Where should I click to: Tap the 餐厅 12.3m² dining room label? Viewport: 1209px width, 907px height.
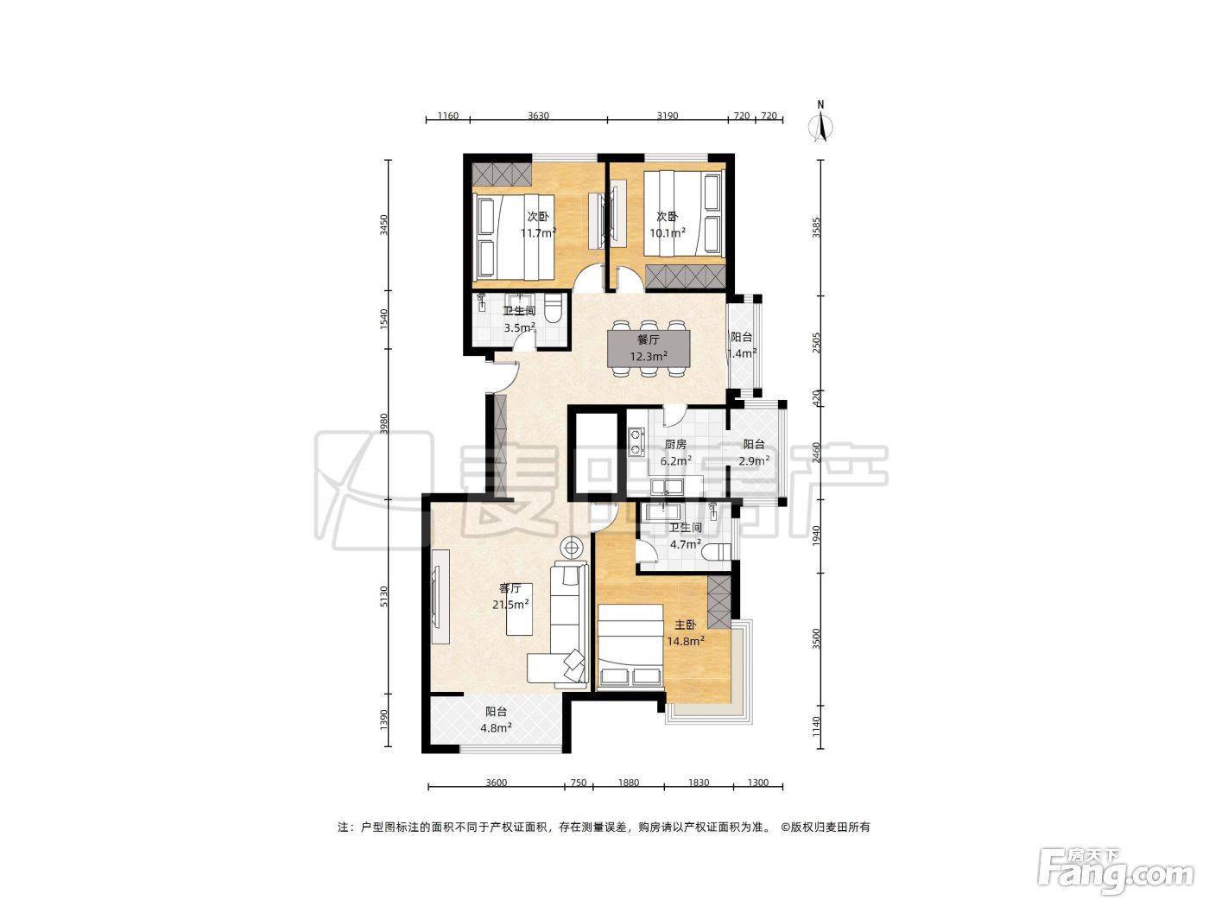click(x=649, y=348)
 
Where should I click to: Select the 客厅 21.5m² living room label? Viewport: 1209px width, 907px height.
click(x=510, y=596)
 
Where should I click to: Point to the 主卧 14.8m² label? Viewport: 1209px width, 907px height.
click(x=686, y=633)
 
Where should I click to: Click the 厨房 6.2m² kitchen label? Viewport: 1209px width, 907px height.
click(x=676, y=452)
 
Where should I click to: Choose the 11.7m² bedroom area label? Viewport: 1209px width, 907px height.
click(x=539, y=232)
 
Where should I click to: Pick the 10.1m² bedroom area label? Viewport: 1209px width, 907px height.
click(x=668, y=232)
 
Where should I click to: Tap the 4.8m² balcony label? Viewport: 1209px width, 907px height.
click(x=497, y=728)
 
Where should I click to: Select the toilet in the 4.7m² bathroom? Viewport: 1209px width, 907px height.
click(x=718, y=551)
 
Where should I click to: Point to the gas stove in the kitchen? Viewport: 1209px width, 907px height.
click(x=636, y=442)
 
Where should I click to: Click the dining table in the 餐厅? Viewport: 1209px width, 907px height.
click(x=649, y=348)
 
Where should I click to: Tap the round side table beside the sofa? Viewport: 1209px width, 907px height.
click(x=572, y=548)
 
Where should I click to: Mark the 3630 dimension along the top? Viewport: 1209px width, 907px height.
click(x=538, y=116)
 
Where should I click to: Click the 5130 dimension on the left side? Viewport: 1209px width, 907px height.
click(x=384, y=596)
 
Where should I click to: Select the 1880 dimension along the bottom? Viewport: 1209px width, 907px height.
click(x=629, y=783)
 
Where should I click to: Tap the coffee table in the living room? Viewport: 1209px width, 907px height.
click(x=519, y=616)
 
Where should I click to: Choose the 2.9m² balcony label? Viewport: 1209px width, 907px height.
click(x=754, y=453)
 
